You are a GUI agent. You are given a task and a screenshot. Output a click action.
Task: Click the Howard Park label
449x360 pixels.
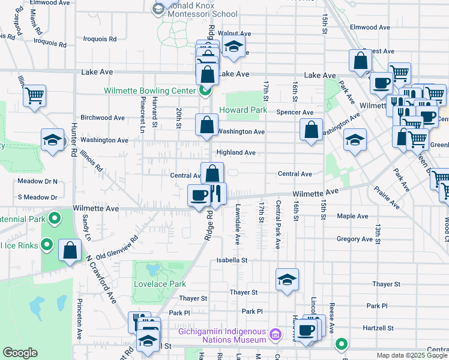(243, 110)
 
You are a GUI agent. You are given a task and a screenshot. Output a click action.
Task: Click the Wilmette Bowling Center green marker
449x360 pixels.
(205, 91)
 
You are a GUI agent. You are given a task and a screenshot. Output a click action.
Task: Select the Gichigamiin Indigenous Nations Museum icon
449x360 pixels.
(274, 333)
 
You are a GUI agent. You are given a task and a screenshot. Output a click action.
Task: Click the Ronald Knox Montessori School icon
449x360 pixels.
(159, 8)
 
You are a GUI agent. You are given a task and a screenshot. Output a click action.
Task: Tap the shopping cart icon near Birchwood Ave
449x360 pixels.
(35, 95)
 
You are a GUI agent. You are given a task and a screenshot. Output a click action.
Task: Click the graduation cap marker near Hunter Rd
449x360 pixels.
(53, 140)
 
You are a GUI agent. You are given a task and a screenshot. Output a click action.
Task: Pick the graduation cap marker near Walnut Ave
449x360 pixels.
(232, 46)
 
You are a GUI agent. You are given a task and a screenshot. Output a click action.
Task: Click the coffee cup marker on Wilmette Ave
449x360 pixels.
(199, 194)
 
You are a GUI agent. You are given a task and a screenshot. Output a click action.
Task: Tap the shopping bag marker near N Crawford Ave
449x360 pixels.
(71, 251)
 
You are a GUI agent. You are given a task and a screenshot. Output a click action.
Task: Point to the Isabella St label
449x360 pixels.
(232, 260)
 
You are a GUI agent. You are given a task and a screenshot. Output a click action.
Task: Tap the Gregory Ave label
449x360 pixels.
(354, 239)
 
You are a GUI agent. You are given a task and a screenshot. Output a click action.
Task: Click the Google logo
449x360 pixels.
(20, 353)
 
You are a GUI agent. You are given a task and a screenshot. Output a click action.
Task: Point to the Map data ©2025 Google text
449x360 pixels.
(412, 355)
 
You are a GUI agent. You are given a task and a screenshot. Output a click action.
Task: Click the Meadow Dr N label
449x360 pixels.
(37, 181)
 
